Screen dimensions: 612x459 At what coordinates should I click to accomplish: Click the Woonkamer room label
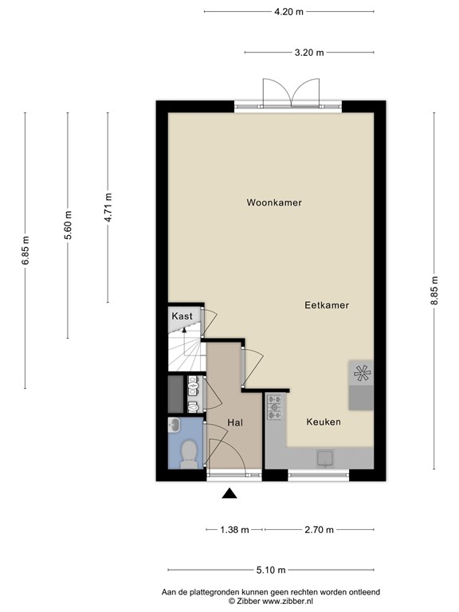274,203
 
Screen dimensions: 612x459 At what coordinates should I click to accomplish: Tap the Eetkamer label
326,305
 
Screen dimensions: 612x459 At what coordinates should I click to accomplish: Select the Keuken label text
324,422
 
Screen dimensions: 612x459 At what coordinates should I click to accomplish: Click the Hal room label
234,422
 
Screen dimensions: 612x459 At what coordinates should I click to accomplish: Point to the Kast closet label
182,316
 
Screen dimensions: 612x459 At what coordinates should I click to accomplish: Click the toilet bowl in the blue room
188,453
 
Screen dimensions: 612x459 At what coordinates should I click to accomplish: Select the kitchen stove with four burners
276,406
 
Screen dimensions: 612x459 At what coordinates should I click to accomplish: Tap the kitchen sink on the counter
326,457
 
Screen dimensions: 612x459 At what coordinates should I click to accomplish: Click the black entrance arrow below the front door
229,494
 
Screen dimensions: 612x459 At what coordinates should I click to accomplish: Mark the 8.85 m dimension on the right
434,290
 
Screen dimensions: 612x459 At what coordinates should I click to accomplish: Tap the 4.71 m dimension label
108,209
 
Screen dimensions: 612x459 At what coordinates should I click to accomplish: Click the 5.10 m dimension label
271,571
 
